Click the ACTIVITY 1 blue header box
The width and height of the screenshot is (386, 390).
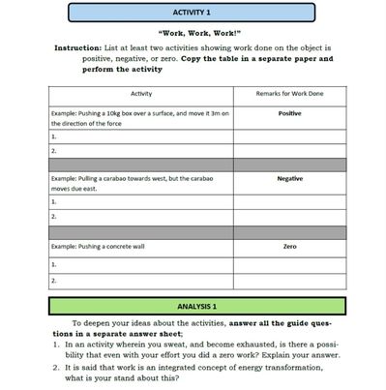[x=192, y=13]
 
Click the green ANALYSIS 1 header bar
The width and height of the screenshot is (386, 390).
[x=192, y=307]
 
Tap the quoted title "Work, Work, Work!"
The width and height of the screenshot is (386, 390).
[x=192, y=32]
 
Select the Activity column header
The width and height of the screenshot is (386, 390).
[x=140, y=94]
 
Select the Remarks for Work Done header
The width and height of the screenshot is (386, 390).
[x=289, y=94]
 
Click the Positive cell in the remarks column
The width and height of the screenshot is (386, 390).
[x=289, y=112]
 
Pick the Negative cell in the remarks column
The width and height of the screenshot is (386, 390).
[x=289, y=178]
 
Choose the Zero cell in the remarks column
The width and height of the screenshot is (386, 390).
[x=289, y=247]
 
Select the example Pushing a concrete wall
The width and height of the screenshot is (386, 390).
[x=98, y=247]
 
